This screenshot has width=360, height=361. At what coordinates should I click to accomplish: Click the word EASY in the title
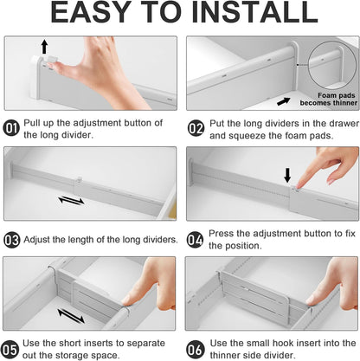click(93, 14)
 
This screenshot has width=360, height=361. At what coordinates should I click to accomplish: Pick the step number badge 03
click(12, 239)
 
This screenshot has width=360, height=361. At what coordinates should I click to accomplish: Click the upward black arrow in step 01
click(43, 46)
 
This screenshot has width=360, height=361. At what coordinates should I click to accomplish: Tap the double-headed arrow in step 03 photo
click(71, 200)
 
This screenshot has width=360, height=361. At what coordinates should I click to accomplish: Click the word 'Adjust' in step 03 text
click(40, 239)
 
